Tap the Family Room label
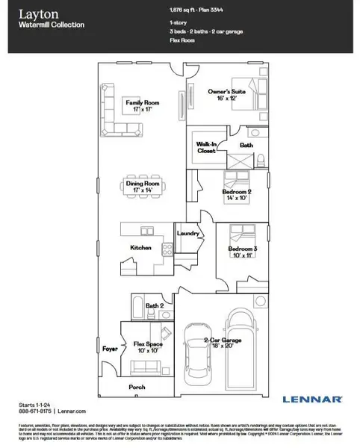point(143,105)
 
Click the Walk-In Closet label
point(206,146)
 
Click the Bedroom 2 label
point(237,195)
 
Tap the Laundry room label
point(187,233)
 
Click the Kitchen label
point(141,247)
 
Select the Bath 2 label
point(154,305)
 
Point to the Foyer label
point(110,348)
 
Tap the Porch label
point(137,388)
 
